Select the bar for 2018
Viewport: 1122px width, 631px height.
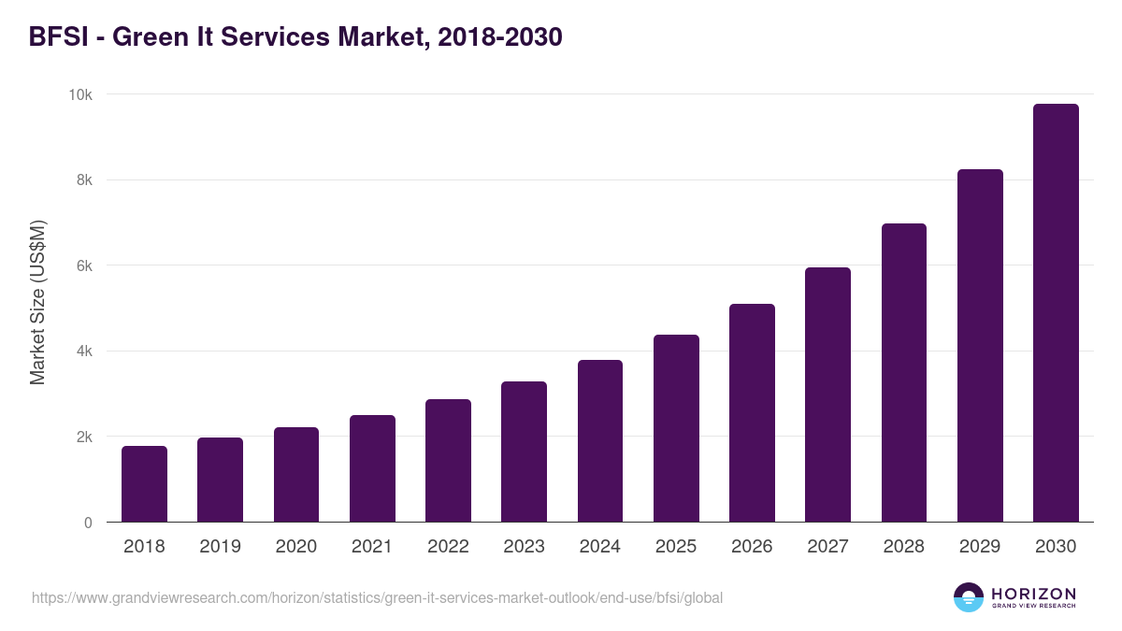pyautogui.click(x=144, y=484)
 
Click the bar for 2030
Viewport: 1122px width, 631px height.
pyautogui.click(x=1056, y=313)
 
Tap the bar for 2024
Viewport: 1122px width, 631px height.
pyautogui.click(x=600, y=441)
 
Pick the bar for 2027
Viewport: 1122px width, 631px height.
pyautogui.click(x=827, y=394)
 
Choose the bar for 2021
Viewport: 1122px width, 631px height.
pyautogui.click(x=372, y=468)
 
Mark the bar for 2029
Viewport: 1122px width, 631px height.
pyautogui.click(x=980, y=346)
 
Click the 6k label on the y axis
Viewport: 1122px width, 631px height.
pyautogui.click(x=84, y=265)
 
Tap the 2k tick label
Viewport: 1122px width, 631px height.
pyautogui.click(x=84, y=437)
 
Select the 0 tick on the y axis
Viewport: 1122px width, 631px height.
pyautogui.click(x=88, y=523)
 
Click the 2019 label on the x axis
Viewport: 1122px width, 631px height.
pyautogui.click(x=220, y=547)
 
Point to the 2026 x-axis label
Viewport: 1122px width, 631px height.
pyautogui.click(x=752, y=547)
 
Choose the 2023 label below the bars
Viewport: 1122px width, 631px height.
pyautogui.click(x=524, y=547)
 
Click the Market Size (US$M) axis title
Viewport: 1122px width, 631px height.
pyautogui.click(x=37, y=303)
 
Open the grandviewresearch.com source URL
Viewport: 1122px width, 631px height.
pyautogui.click(x=377, y=597)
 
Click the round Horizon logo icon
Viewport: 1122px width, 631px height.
pyautogui.click(x=969, y=597)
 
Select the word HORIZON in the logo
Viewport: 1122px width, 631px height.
pyautogui.click(x=1033, y=593)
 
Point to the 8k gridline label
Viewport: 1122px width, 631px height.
pyautogui.click(x=84, y=179)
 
